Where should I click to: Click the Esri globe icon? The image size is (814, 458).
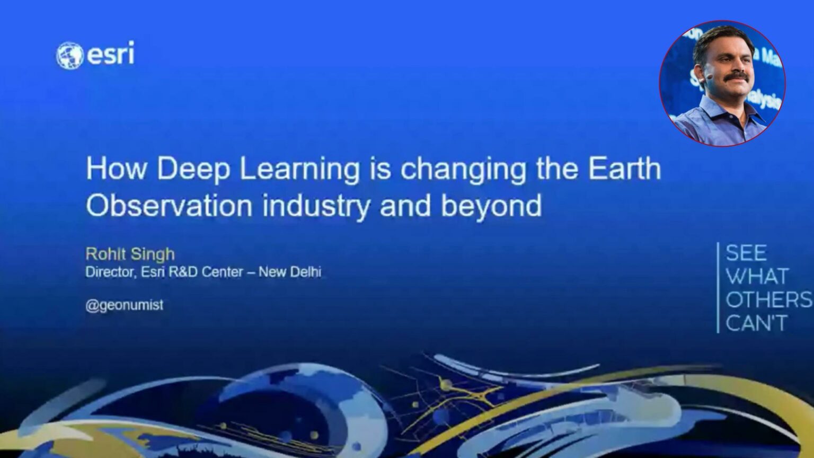point(69,56)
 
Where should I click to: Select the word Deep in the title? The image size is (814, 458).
point(193,170)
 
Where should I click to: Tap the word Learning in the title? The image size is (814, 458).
point(299,170)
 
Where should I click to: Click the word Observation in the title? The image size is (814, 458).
point(169,205)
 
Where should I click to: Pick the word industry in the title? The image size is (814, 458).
point(316,206)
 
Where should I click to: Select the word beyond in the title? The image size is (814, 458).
point(491,206)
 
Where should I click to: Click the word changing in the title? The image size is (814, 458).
point(463,170)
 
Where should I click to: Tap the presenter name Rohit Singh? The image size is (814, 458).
point(130,254)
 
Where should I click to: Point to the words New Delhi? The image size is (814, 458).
point(290,271)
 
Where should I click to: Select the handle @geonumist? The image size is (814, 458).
point(125,305)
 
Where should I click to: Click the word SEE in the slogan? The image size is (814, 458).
point(746,253)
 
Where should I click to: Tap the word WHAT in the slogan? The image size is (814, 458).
point(757,276)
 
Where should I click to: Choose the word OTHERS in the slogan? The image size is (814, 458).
point(768,300)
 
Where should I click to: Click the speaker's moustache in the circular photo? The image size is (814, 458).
point(736,76)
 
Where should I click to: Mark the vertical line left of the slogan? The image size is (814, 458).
point(718,287)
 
